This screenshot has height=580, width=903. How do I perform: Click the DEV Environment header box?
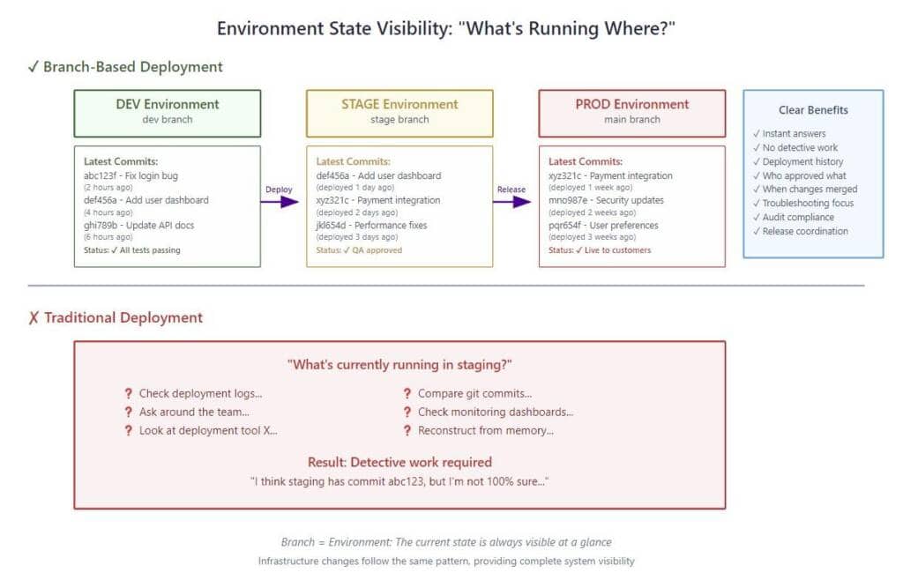(167, 114)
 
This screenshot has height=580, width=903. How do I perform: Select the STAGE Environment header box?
(399, 114)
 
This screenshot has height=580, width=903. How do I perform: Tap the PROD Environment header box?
(631, 114)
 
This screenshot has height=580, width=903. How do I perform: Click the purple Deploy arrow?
(280, 201)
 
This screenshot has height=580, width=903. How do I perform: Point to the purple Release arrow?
(512, 201)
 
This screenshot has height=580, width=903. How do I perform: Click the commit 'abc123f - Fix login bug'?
(131, 176)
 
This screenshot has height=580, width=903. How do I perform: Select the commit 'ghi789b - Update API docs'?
(138, 226)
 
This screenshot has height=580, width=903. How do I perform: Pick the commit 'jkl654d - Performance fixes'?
(371, 226)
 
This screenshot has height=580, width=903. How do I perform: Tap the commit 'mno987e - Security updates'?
(606, 200)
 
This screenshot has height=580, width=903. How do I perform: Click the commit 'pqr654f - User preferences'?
(603, 226)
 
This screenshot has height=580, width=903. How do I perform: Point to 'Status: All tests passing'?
(132, 250)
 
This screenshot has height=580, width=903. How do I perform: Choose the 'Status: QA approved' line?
(359, 250)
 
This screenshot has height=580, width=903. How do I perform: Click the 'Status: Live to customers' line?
(600, 250)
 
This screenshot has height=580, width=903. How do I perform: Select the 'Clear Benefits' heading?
(813, 110)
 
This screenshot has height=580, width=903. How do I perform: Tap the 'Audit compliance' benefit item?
(794, 218)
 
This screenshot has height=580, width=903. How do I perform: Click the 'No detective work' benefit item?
(795, 148)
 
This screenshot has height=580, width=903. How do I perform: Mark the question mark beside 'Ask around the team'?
(129, 412)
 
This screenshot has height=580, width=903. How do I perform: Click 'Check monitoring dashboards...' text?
(496, 412)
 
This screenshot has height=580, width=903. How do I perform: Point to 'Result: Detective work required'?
(399, 462)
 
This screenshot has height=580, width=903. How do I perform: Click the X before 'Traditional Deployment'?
(34, 317)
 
